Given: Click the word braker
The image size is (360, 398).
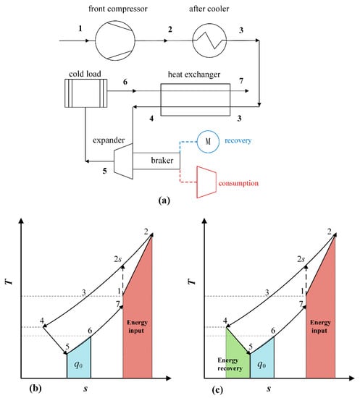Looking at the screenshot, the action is (x=162, y=161).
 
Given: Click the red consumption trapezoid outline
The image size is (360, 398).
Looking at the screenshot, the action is (x=198, y=182).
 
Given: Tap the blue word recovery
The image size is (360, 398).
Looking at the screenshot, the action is (x=238, y=140).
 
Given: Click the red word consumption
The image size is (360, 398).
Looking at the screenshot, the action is (x=238, y=183).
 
